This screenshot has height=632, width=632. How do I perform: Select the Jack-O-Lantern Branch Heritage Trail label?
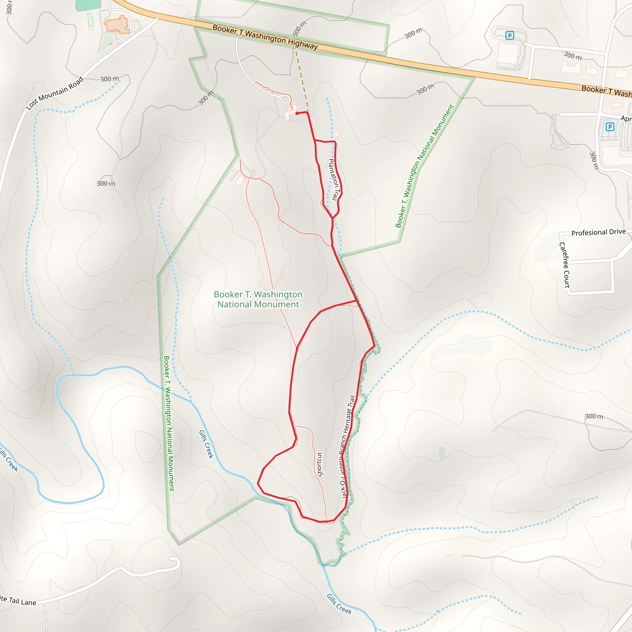click(x=347, y=447)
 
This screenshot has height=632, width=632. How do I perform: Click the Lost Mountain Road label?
click(x=55, y=94)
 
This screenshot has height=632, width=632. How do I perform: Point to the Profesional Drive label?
click(x=598, y=232)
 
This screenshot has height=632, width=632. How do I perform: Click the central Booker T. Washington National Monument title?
click(x=258, y=299)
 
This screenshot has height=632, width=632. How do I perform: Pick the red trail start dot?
click(x=297, y=113)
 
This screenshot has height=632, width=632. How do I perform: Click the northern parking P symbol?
click(x=509, y=35)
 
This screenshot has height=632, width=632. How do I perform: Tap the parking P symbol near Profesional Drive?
click(x=610, y=127)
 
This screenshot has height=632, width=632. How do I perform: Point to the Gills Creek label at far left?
click(x=9, y=461)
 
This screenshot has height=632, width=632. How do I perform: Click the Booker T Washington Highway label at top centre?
click(x=265, y=37)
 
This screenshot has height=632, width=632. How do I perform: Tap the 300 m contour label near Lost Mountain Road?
click(x=110, y=79)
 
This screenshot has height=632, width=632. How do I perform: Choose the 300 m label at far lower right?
click(x=594, y=416)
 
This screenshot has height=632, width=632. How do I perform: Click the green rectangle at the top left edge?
click(x=88, y=5)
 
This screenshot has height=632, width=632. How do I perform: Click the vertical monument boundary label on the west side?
click(x=169, y=423)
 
